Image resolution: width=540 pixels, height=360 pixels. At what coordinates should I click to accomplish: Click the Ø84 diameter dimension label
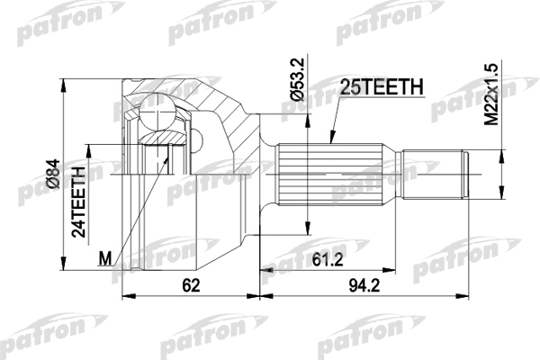(x=54, y=174)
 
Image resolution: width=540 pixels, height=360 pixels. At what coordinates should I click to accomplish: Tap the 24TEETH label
(x=78, y=202)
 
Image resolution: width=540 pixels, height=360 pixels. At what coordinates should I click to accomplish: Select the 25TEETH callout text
(x=382, y=86)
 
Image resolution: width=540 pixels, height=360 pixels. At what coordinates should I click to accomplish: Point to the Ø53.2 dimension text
(x=298, y=79)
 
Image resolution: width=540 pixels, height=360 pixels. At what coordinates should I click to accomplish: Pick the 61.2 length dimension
(x=328, y=260)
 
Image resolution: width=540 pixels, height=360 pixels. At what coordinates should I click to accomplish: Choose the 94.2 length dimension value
(x=364, y=285)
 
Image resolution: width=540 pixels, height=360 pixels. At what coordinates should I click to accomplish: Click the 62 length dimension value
(x=191, y=285)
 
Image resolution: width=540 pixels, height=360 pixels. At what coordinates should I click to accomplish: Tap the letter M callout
(x=105, y=258)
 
